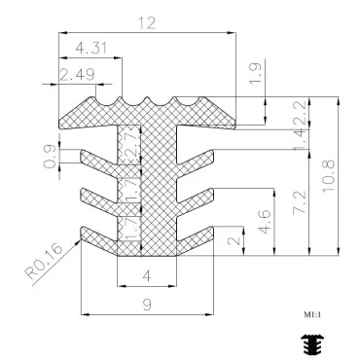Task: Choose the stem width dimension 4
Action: [146, 276]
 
